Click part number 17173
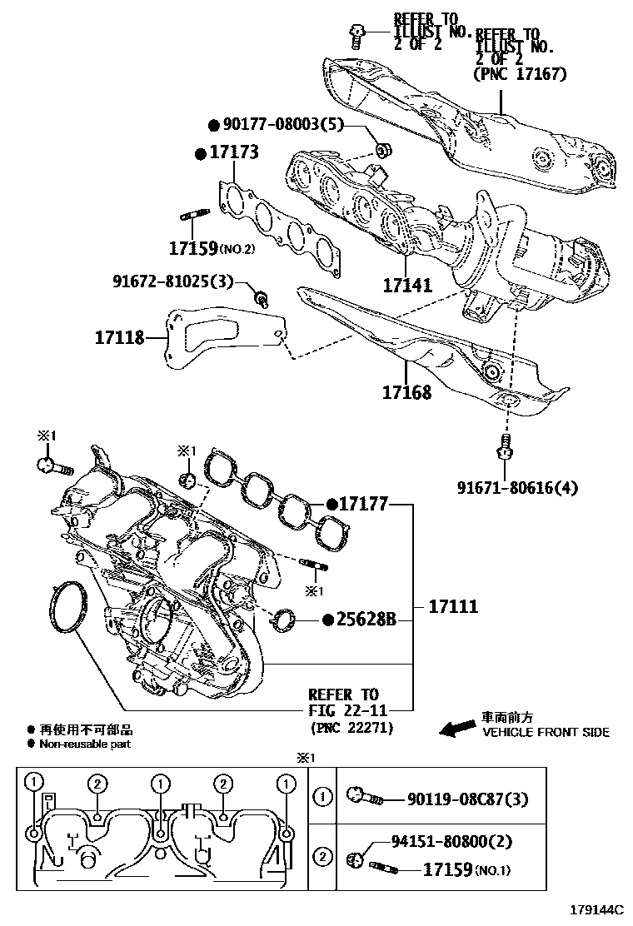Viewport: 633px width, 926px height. point(233,152)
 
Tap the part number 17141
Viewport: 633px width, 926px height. point(407,286)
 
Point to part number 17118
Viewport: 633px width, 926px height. point(119,337)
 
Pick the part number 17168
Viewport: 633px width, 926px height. point(407,391)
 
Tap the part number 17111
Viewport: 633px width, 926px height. point(453,606)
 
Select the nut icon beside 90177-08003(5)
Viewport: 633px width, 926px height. point(383,151)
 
